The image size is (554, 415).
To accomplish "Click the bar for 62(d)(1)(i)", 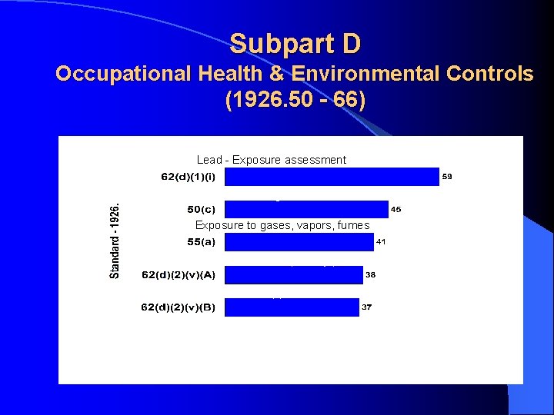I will coord(332,177).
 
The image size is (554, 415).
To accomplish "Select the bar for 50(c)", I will coord(306,209).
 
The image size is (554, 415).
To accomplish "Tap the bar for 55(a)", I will coord(299,242).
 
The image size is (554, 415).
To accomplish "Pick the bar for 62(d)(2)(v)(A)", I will coord(293,274).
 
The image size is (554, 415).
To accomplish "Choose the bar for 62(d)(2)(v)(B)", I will coord(292,307).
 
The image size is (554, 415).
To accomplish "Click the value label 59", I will coord(447,177).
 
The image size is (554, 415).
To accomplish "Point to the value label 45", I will coord(396,209).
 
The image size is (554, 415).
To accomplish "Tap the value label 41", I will coord(381,242).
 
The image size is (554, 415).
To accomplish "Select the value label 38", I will coord(370,274).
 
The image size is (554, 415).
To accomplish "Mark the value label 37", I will coord(367,307).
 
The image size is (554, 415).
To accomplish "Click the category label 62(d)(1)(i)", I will coord(189,177).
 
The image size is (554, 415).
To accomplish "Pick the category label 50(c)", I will coord(202,209).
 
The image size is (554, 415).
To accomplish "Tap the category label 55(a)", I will coord(202,242).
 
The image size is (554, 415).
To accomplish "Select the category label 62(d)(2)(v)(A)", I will coord(179,274).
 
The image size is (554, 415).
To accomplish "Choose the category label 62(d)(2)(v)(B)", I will coord(179,307).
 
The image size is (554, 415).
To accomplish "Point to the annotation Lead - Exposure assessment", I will coord(272,160).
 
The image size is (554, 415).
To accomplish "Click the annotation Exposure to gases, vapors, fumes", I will coord(282,225).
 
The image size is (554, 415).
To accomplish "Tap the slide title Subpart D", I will coord(295,44).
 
